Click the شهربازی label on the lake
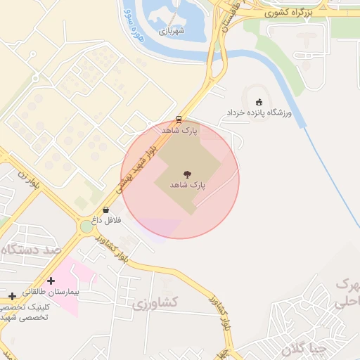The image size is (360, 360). [x=172, y=31]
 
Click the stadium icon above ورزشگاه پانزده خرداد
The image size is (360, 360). [x=259, y=102]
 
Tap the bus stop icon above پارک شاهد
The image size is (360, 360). [x=179, y=119]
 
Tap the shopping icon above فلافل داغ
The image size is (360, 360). [x=105, y=210]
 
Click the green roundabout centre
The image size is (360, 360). [x=86, y=226]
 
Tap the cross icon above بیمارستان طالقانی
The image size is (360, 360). [x=51, y=281]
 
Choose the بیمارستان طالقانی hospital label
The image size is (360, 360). [x=51, y=291]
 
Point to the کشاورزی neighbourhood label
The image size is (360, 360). [x=156, y=303]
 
